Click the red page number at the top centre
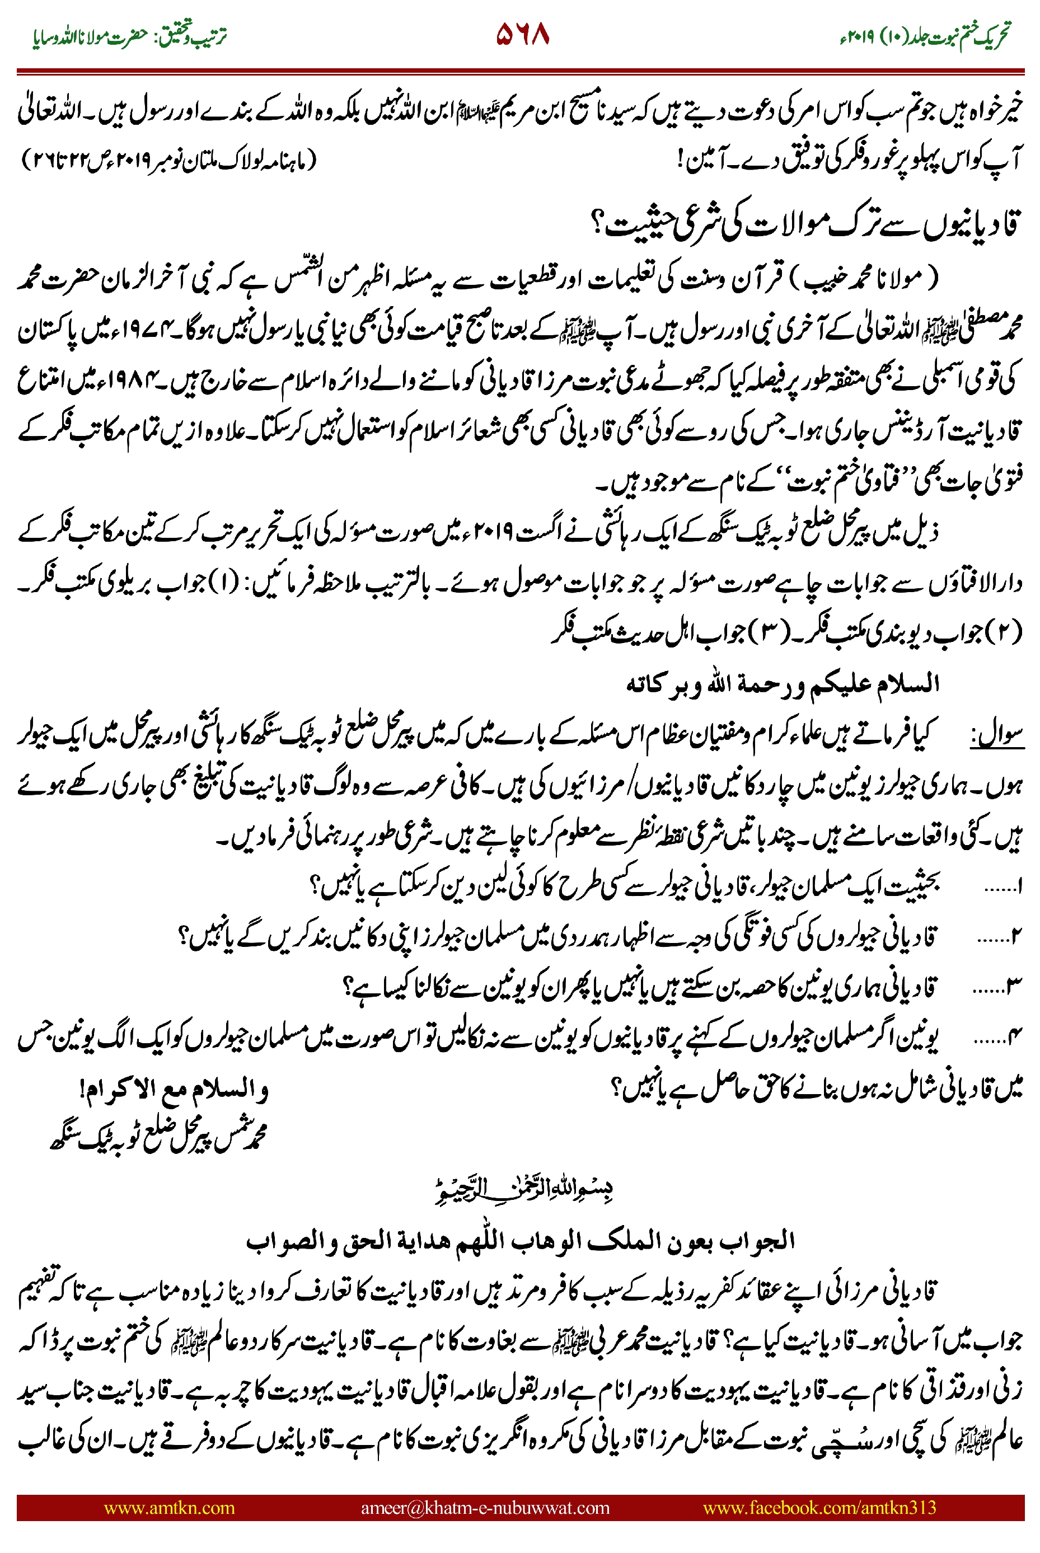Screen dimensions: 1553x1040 click(523, 35)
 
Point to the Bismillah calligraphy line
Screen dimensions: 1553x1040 click(523, 1190)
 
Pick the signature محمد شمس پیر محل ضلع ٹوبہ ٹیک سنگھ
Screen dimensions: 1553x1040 click(159, 1137)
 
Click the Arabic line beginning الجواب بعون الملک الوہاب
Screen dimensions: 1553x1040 click(521, 1240)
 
